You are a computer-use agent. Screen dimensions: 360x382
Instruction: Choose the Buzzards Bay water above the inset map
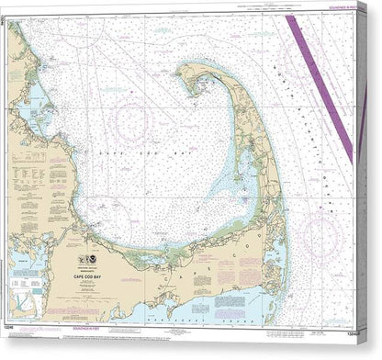pyautogui.click(x=22, y=266)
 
